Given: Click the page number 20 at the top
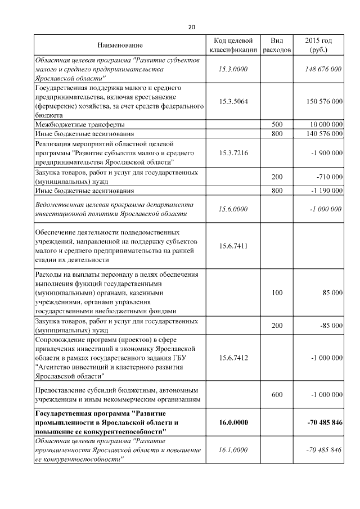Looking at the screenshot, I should tap(191, 27).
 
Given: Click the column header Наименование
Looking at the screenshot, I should tap(120, 45).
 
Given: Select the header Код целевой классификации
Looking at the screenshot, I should tap(233, 45).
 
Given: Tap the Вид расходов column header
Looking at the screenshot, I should tap(277, 45).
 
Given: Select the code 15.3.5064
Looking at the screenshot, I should tap(233, 101).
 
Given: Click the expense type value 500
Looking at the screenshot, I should tap(277, 124).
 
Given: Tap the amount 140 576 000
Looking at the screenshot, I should tap(322, 134).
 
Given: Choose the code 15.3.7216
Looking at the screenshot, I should tap(233, 152).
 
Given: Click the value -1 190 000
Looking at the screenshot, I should tap(326, 191).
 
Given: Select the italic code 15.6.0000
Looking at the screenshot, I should tap(233, 209).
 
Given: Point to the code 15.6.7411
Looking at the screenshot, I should tap(233, 246).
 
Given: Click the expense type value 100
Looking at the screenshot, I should tap(277, 293).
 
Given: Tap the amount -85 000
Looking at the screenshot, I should tap(331, 326).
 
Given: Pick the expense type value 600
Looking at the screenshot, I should tap(277, 395).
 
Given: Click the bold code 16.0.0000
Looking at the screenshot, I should tap(233, 423).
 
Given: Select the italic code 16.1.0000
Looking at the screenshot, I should tap(233, 450).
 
